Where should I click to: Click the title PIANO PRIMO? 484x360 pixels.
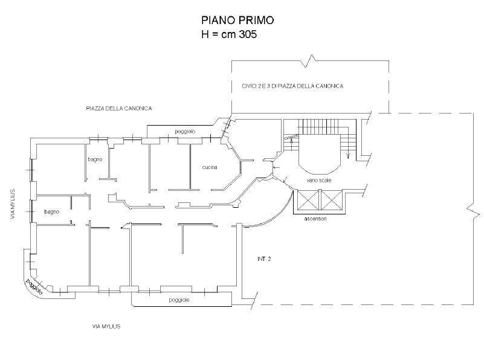(237, 20)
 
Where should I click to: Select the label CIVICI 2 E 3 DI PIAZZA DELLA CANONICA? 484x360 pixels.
(288, 86)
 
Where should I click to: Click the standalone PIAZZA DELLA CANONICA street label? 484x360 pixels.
(118, 108)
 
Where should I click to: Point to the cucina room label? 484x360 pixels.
(210, 167)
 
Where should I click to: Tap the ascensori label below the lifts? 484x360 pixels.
(315, 218)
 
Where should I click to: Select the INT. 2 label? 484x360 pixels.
(264, 259)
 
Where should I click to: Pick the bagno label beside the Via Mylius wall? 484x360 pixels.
(51, 212)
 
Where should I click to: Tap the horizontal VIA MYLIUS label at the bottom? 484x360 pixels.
(106, 326)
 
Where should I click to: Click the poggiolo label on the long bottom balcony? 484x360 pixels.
(179, 300)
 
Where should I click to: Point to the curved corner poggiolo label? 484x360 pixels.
(34, 288)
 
